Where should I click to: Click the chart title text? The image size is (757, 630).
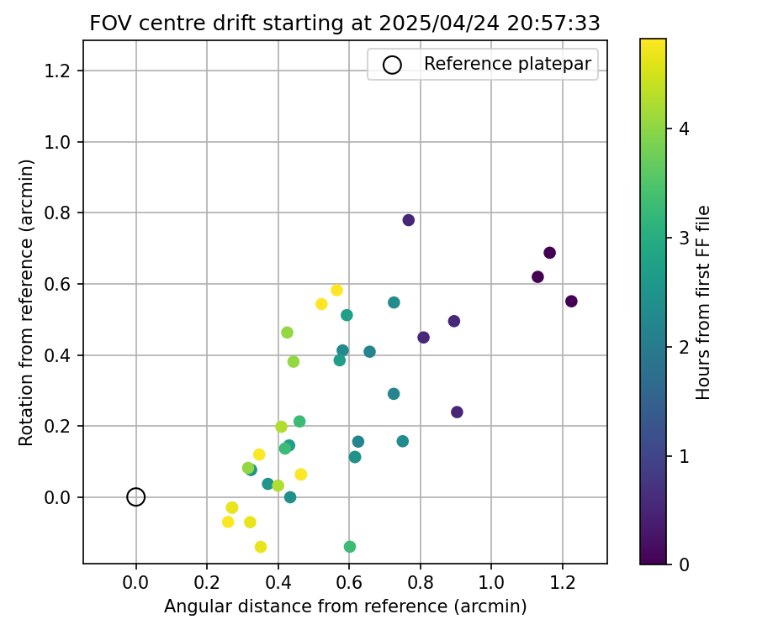point(345,24)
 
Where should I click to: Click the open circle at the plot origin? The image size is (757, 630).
point(136,497)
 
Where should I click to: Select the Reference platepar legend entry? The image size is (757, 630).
point(481,64)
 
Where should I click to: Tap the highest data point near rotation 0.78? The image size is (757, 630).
point(409,220)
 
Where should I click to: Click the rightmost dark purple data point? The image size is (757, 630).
point(571,302)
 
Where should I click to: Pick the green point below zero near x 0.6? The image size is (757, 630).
point(350,547)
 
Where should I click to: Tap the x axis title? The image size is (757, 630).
point(345,606)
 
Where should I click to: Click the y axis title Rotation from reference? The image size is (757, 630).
point(27,302)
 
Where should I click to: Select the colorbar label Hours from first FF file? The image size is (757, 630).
point(704,302)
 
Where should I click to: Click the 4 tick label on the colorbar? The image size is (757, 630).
point(685,129)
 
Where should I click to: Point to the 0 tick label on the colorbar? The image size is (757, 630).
point(685,564)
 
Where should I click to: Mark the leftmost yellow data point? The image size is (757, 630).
point(228,522)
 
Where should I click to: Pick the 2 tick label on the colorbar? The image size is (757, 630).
point(685,346)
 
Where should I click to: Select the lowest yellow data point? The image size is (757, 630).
point(261,547)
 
